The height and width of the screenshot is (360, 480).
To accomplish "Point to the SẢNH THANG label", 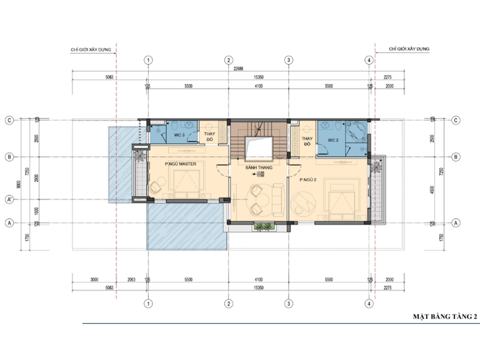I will click(258, 167).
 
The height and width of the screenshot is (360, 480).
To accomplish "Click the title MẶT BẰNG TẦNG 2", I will click(444, 317).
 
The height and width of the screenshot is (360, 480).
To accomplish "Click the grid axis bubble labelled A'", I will click(9, 199).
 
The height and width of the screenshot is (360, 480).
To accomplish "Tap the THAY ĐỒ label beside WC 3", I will click(209, 136).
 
